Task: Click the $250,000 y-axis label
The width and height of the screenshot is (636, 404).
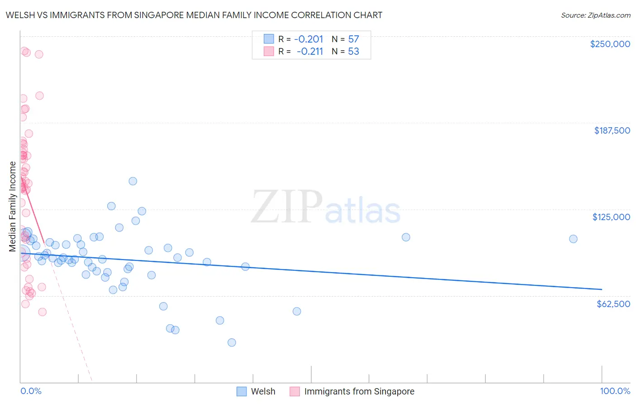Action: coord(610,44)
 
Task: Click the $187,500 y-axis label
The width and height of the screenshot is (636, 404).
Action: coord(612,130)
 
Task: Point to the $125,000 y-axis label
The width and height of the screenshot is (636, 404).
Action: coord(611,217)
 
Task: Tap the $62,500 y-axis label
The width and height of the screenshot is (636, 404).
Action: coord(613,304)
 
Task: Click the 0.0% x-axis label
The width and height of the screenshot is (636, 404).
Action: coord(31,391)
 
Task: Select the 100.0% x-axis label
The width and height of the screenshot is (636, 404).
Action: coord(615,391)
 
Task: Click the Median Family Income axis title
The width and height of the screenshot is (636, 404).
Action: coord(13,207)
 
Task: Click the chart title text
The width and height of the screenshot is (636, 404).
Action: coord(194,15)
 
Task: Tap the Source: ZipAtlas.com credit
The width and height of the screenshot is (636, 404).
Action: coord(595,15)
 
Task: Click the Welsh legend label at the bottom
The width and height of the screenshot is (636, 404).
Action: coord(263,391)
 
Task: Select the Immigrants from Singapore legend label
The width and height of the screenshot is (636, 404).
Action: coord(359,391)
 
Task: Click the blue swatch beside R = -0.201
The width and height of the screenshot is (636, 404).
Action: coord(269,39)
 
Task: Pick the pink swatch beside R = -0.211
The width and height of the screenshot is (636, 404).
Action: coord(269,51)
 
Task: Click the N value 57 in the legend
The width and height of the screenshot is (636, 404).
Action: coord(353,39)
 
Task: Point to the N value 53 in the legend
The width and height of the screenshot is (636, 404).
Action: coord(353,51)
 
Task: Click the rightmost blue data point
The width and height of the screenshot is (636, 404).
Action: coord(573,239)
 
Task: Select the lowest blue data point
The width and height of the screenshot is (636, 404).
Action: coord(232,342)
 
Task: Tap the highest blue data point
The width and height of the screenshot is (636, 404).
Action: coord(133,181)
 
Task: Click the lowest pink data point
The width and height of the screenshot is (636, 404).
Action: coord(42,312)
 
